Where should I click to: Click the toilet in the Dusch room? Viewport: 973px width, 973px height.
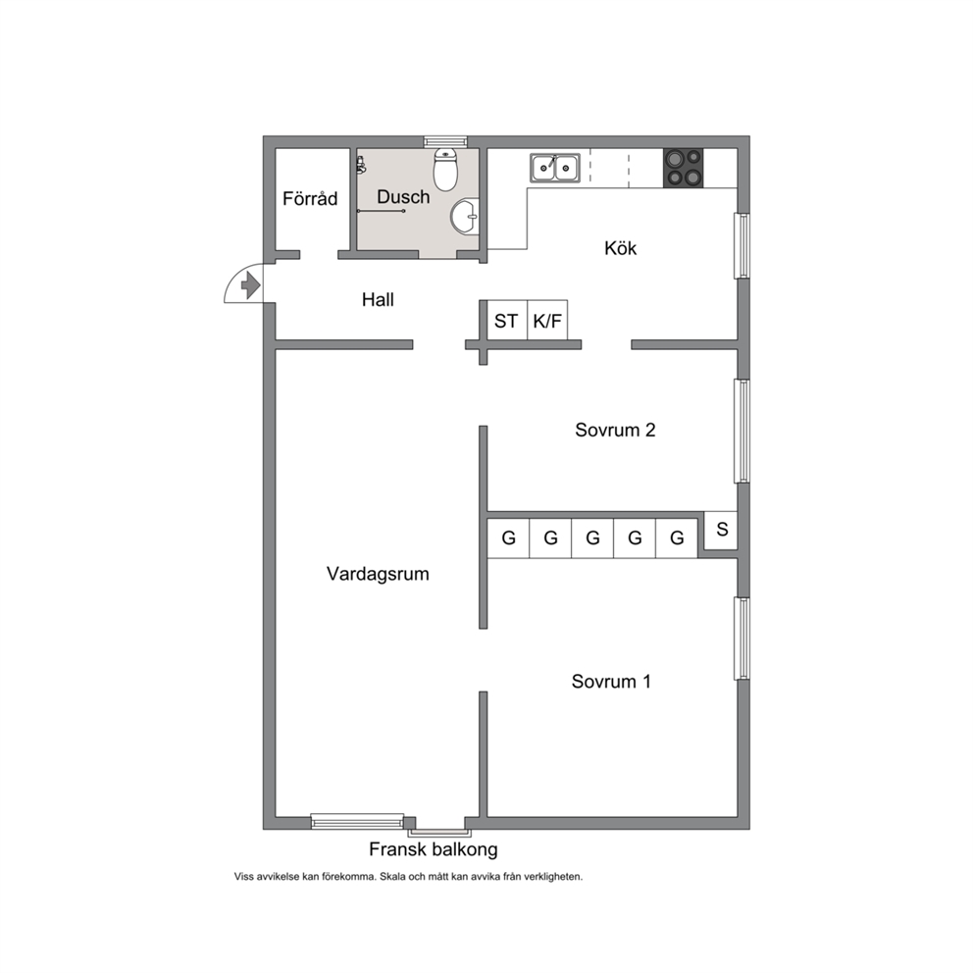click(445, 169)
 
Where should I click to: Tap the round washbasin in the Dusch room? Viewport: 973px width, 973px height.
click(465, 216)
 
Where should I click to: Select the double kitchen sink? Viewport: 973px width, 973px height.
click(555, 168)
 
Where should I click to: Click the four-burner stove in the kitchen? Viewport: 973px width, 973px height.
click(684, 168)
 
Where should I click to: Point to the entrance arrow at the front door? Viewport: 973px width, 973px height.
click(250, 286)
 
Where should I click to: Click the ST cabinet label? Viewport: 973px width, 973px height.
click(506, 321)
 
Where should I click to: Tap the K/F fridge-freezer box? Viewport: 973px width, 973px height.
click(547, 320)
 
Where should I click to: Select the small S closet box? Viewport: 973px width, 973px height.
click(721, 530)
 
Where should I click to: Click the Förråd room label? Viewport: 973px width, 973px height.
click(310, 198)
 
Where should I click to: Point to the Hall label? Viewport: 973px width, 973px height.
click(378, 300)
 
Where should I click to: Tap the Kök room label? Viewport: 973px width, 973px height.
click(621, 248)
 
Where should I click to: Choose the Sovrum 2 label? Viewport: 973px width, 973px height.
click(615, 430)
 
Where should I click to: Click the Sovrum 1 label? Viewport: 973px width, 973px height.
click(611, 682)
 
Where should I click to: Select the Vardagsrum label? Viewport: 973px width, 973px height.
click(378, 574)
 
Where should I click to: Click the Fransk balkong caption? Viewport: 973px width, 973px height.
click(434, 849)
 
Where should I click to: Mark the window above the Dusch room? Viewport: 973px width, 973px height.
click(445, 141)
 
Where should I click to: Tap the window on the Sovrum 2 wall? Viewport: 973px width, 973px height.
click(743, 431)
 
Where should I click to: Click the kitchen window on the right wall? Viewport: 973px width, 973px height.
click(743, 246)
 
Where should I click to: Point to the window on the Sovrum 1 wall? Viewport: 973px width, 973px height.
click(743, 638)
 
